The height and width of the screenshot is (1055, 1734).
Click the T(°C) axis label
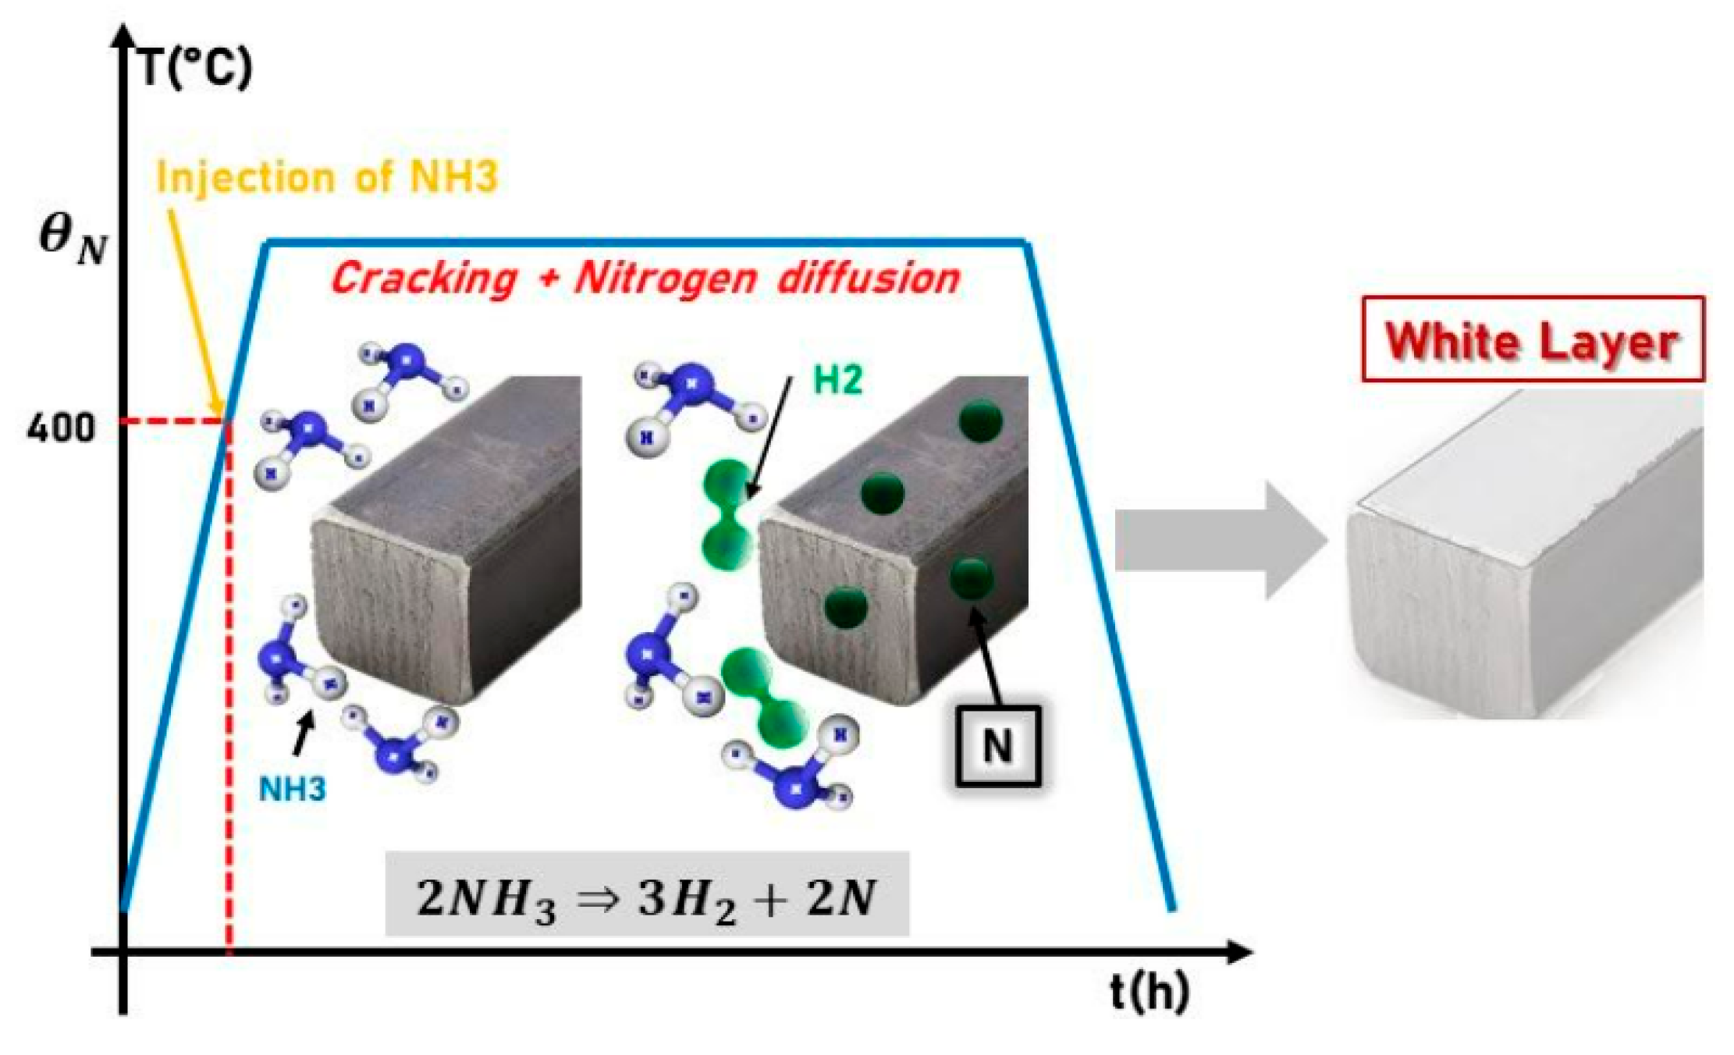click(195, 68)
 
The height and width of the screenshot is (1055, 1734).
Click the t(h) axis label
click(1149, 992)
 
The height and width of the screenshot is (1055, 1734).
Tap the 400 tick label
click(60, 428)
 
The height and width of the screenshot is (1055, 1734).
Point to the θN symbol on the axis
click(72, 238)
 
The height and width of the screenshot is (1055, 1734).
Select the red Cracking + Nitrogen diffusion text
click(646, 279)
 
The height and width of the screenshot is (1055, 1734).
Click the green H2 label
click(838, 380)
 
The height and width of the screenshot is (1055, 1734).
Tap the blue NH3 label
click(292, 790)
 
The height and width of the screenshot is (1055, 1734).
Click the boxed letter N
click(997, 746)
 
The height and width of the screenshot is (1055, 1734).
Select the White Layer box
click(1532, 339)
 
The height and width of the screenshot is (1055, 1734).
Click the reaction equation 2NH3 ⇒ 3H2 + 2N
click(646, 895)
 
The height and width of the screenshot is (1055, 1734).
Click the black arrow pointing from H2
click(771, 437)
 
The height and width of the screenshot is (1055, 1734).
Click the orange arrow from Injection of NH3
click(195, 304)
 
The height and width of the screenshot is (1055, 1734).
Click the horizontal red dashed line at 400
click(176, 422)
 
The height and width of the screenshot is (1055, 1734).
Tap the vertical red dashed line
click(229, 687)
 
